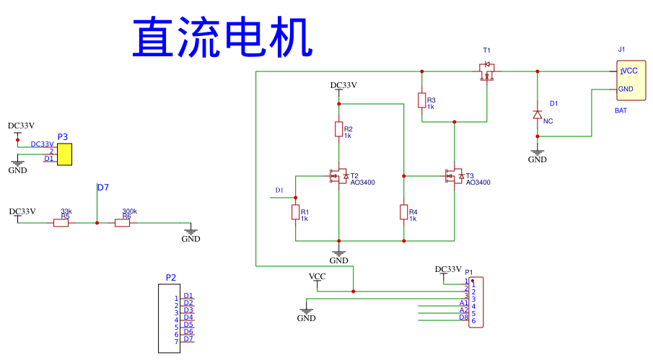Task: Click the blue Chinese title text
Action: tap(222, 38)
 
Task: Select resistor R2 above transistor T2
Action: tap(338, 129)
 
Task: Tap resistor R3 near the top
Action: tap(421, 100)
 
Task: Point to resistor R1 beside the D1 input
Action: tap(295, 212)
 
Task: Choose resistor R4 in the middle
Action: tap(404, 212)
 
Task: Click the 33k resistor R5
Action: tap(61, 223)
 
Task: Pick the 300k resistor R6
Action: tap(123, 223)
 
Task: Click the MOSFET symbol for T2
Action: tap(338, 175)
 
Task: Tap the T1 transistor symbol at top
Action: tap(487, 71)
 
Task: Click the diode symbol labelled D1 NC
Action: tap(537, 114)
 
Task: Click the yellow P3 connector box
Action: tap(65, 154)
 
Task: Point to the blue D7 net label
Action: tap(103, 188)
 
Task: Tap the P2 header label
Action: tap(170, 277)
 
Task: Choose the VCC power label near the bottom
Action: tap(317, 276)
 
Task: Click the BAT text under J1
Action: tap(621, 110)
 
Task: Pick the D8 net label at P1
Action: tap(463, 317)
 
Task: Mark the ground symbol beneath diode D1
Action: tap(537, 155)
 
